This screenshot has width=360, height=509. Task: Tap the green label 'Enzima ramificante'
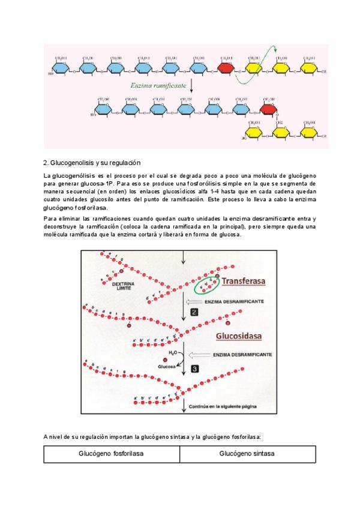pos(157,86)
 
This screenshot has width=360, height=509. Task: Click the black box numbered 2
pos(194,312)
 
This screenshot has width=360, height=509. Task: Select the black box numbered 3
pos(194,368)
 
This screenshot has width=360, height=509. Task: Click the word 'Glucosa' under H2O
pos(166,366)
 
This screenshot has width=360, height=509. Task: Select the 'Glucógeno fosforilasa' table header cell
pos(111,454)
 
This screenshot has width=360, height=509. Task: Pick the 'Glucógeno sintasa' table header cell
pos(247,454)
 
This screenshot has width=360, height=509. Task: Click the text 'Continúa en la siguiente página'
pos(224,406)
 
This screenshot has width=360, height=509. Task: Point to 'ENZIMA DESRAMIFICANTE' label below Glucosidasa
pos(240,355)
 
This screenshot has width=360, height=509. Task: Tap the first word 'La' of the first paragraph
pos(47,175)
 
